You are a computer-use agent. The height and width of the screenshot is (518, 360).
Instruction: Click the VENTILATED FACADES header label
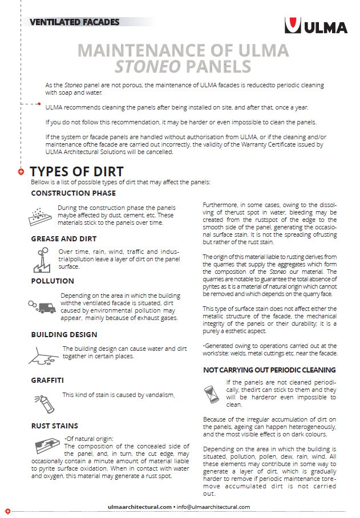(x=75, y=23)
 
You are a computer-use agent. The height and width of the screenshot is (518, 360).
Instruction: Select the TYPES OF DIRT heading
(x=76, y=172)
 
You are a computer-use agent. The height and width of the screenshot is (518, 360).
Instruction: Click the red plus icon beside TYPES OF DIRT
(x=21, y=172)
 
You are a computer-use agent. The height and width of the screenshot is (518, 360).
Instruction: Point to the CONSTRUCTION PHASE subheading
(x=74, y=193)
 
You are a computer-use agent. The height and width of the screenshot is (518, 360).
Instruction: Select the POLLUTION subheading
(x=52, y=281)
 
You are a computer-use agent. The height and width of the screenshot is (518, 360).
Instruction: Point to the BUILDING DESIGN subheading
(x=64, y=334)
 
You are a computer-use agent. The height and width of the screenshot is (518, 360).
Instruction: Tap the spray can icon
(x=43, y=399)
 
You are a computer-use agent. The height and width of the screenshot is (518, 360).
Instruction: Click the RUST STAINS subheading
(x=55, y=426)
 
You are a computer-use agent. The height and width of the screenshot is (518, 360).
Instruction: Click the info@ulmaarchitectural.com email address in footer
(x=213, y=507)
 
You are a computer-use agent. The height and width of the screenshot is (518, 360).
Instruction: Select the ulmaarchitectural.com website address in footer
(x=140, y=507)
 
